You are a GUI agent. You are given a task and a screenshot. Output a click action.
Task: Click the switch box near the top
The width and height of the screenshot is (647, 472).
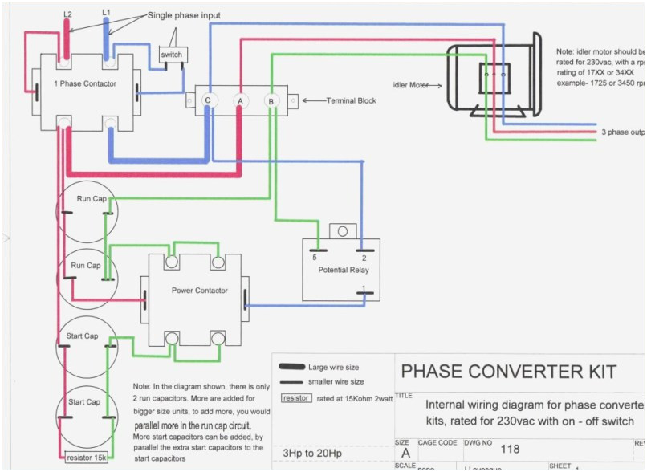(x=171, y=55)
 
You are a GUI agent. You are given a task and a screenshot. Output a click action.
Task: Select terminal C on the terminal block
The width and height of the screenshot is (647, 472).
(x=207, y=100)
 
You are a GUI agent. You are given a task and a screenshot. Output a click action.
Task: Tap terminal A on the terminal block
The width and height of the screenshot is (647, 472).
(x=238, y=101)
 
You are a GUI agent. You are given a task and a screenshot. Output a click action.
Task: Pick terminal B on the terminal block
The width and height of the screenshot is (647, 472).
(x=271, y=101)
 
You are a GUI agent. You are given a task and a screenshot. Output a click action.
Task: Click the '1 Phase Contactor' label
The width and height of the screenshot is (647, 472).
(x=84, y=83)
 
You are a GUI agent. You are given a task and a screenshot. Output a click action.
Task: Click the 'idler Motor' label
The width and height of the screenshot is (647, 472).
(x=411, y=84)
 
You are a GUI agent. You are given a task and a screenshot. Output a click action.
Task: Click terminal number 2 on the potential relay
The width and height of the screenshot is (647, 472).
(x=364, y=257)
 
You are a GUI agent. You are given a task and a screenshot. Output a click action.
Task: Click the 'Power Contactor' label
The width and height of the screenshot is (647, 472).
(x=200, y=291)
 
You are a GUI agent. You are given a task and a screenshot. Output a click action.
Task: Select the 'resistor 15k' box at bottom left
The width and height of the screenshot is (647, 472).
(x=86, y=459)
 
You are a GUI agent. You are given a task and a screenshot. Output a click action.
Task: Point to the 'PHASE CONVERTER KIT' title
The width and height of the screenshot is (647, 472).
(x=508, y=372)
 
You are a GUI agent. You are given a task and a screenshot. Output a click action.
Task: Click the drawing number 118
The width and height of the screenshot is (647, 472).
(x=510, y=450)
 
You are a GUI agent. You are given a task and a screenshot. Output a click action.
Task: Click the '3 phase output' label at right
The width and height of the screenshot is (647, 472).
(x=622, y=132)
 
